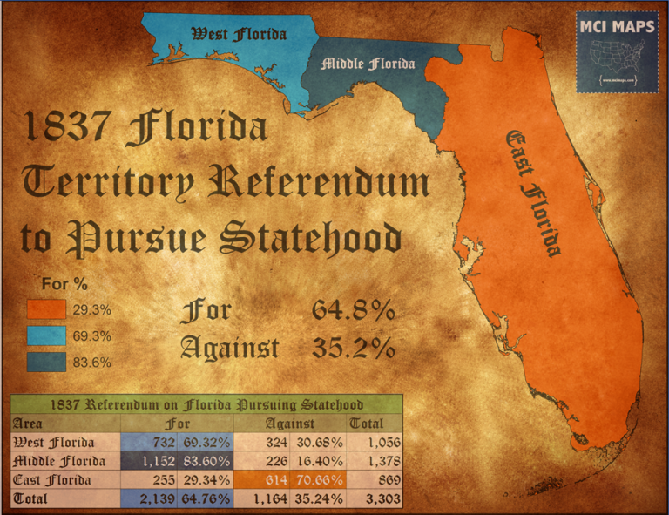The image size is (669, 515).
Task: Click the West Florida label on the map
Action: [239, 34]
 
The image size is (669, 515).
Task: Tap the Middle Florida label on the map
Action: [368, 64]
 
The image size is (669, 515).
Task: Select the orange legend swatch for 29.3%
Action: [46, 309]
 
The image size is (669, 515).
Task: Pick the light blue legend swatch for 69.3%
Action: [46, 335]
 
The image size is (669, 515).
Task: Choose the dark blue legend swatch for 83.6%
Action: [46, 361]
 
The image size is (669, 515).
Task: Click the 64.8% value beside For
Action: [353, 310]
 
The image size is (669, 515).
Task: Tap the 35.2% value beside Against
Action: [353, 348]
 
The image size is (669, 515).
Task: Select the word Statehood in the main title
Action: [320, 237]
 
